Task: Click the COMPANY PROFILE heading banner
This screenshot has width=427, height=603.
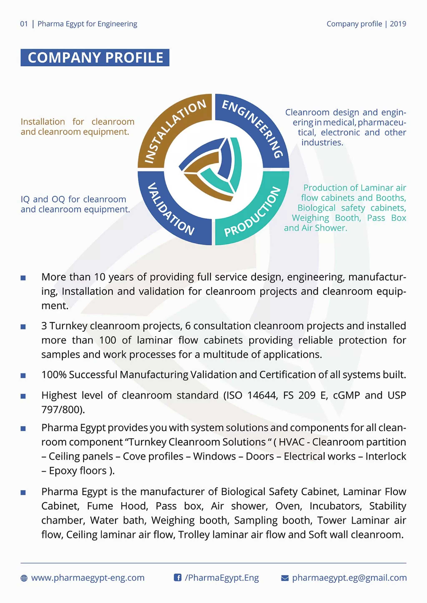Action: (95, 57)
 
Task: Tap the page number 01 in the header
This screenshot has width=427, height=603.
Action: (24, 24)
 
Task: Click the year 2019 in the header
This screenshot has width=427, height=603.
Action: (398, 24)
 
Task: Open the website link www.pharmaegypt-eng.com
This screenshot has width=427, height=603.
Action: (88, 578)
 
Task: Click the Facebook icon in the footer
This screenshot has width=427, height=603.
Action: (178, 578)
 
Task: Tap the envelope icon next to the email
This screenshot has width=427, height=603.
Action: (285, 578)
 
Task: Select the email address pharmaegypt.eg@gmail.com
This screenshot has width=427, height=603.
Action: (349, 578)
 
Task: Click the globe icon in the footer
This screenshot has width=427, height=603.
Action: (24, 578)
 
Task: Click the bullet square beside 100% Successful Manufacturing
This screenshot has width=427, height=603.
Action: (23, 376)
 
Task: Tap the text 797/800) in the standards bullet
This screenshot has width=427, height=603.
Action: (63, 409)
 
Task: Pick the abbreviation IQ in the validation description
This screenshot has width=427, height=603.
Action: (25, 199)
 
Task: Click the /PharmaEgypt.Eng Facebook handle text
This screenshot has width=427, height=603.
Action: (222, 578)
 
